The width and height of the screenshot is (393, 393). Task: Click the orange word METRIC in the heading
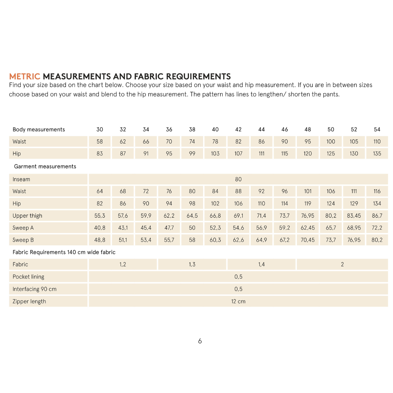[x=24, y=76]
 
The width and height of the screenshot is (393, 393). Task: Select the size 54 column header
[x=377, y=130]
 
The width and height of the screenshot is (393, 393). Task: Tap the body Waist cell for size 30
[x=100, y=142]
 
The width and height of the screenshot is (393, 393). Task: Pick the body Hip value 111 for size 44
[x=262, y=154]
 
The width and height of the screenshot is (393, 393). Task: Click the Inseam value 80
[x=238, y=179]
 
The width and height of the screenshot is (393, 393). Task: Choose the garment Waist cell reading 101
[x=308, y=191]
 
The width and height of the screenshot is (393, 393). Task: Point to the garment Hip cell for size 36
[x=169, y=203]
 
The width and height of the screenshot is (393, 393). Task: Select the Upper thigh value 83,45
[x=354, y=216]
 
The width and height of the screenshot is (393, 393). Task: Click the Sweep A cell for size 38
[x=192, y=228]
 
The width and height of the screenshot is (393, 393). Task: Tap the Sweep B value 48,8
[x=100, y=240]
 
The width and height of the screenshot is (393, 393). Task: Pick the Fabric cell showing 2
[x=342, y=265]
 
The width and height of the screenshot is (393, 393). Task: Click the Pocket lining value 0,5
[x=238, y=277]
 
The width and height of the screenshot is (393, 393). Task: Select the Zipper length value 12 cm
[x=238, y=301]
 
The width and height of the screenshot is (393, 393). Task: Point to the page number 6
[x=200, y=341]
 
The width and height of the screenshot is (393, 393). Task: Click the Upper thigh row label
[x=27, y=216]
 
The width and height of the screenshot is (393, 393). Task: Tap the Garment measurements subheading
[x=45, y=166]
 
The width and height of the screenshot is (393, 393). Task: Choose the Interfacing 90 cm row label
[x=35, y=289]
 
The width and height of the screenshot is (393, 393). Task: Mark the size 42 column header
[x=238, y=130]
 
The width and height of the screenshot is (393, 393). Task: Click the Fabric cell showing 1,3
[x=192, y=265]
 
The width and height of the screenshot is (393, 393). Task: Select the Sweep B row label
[x=23, y=240]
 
